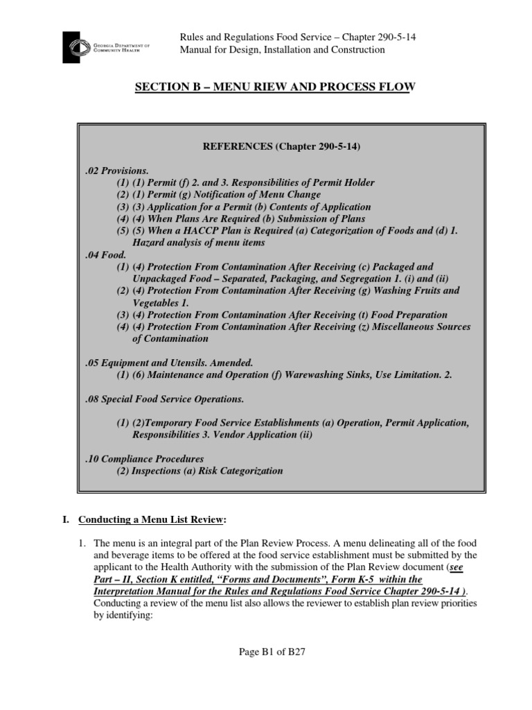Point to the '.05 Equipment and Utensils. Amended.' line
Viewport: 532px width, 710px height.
(169, 363)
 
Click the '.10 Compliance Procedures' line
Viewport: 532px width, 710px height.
(144, 459)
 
